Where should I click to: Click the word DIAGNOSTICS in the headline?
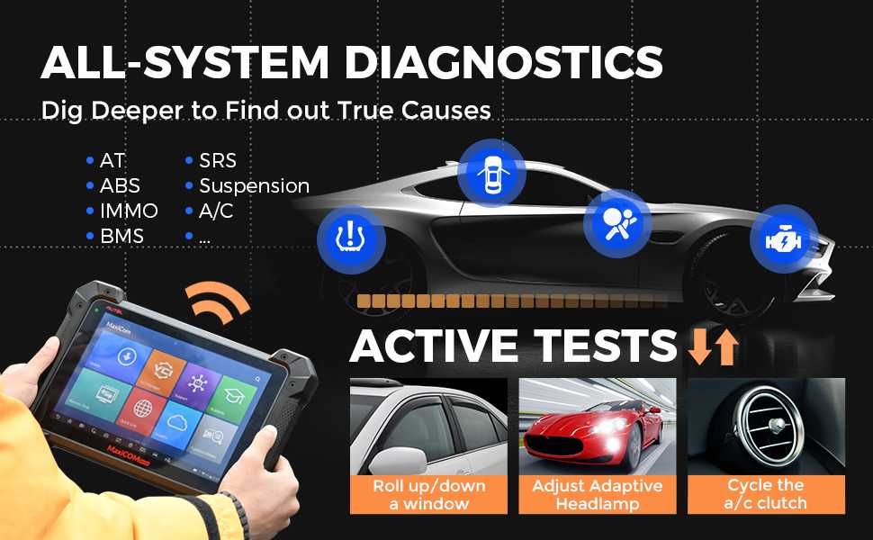[x=504, y=63]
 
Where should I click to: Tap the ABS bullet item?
[x=120, y=186]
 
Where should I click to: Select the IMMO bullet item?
[x=129, y=211]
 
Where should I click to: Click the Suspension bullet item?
[x=254, y=186]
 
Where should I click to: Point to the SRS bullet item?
[x=218, y=161]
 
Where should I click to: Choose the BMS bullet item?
[x=122, y=237]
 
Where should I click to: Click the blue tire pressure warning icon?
[x=351, y=239]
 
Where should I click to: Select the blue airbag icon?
[x=617, y=222]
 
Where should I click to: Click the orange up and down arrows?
[x=713, y=346]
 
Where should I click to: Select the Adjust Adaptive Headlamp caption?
[x=598, y=494]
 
